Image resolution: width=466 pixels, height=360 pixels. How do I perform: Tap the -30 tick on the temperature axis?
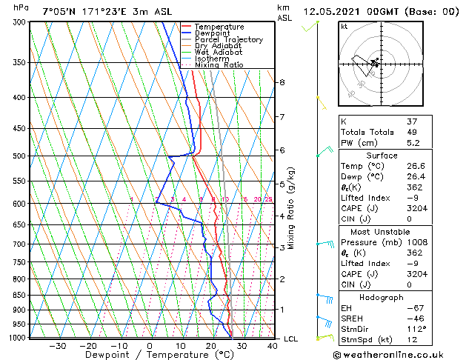[x=57, y=345]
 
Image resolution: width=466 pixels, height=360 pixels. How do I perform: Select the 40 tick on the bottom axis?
[x=273, y=345]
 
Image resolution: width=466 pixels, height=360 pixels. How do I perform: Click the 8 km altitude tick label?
[x=282, y=82]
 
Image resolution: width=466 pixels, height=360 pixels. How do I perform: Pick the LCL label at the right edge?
[x=291, y=339]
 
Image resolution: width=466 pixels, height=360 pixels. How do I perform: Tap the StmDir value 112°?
[x=414, y=328]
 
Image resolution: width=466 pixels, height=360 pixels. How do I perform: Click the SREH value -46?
[x=412, y=318]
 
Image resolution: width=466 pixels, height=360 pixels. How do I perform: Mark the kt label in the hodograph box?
[x=344, y=26]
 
